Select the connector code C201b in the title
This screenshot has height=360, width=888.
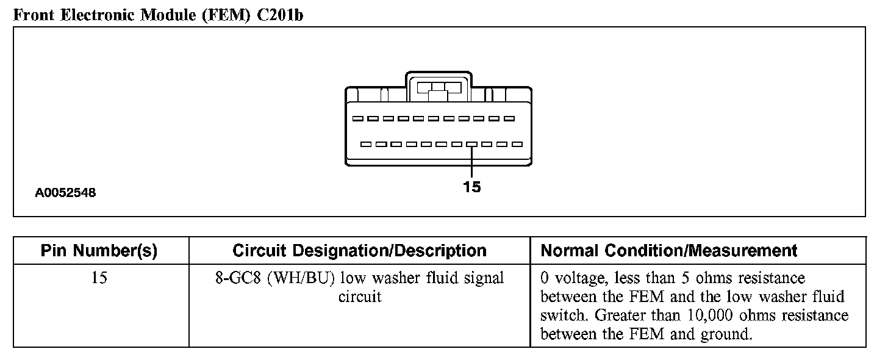coord(279,15)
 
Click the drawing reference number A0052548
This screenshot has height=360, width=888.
coord(65,193)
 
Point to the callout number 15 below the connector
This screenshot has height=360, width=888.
coord(471,187)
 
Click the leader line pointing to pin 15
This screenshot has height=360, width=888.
coord(471,162)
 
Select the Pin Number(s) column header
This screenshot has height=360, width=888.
coord(99,251)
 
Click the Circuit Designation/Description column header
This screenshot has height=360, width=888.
coord(359,251)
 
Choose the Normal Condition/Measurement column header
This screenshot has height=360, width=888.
coord(669,251)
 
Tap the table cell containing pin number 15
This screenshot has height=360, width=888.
coord(99,279)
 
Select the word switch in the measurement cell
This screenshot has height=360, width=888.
coord(565,315)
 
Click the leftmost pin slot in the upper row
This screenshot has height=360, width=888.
coord(357,118)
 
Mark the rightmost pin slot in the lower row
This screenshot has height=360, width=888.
coord(517,145)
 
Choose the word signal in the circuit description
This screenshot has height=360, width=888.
coord(484,279)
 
